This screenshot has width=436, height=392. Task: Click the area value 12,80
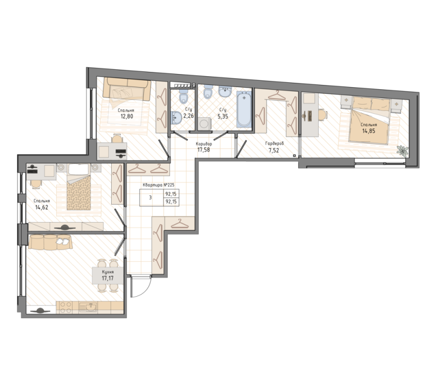[x=126, y=116]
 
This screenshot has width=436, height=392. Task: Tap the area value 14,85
[x=368, y=131]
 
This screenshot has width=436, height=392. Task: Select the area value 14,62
[x=42, y=207]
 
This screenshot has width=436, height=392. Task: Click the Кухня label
[x=107, y=272]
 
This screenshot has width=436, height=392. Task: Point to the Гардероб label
[x=275, y=144]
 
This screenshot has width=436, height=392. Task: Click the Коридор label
[x=204, y=144]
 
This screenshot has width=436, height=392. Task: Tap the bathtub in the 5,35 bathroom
[x=244, y=109]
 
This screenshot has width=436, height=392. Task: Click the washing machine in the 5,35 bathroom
[x=204, y=124]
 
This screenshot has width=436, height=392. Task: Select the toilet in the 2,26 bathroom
[x=184, y=96]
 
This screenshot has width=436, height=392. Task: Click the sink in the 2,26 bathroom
[x=176, y=118]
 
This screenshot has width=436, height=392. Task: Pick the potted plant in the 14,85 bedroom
[x=402, y=150]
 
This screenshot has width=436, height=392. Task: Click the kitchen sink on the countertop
[x=88, y=307]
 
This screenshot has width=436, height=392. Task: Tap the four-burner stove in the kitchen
[x=65, y=307]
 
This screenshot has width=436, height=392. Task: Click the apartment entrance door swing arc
[x=146, y=290]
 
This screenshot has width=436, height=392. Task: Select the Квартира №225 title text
[x=158, y=185]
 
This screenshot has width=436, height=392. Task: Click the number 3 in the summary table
[x=150, y=198]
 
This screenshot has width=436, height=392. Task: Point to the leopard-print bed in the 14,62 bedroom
[x=79, y=191]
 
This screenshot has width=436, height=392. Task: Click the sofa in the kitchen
[x=50, y=242]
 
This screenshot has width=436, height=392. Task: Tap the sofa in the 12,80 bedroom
[x=126, y=89]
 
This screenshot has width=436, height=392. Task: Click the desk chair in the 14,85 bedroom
[x=323, y=115]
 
